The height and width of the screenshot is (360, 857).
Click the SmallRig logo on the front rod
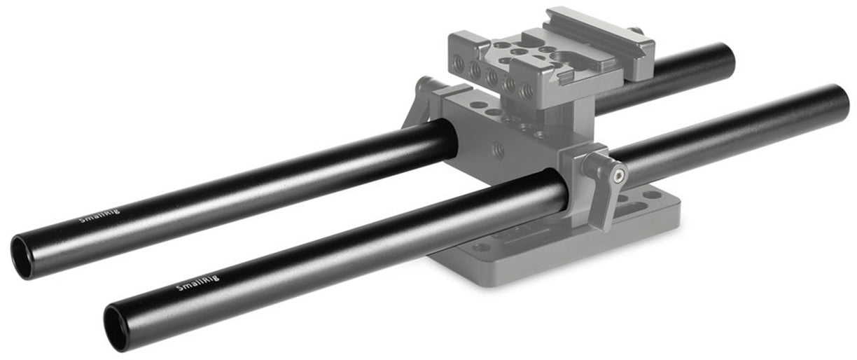click(198, 282)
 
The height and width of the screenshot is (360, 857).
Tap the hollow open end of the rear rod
click(22, 257)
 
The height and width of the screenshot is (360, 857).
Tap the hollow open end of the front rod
click(115, 328)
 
